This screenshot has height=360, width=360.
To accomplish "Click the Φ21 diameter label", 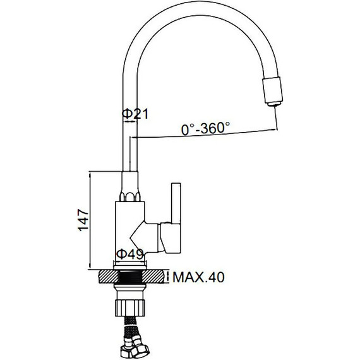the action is (x=135, y=114).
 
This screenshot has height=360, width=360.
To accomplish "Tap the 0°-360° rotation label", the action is (x=205, y=129).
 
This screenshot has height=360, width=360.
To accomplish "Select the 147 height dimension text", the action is (x=83, y=220).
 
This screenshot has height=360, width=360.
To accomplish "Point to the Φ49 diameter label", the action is (x=130, y=254).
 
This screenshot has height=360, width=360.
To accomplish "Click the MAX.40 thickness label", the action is (x=198, y=277).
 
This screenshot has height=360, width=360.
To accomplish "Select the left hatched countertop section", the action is (x=109, y=277).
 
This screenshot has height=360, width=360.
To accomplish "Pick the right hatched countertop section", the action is (x=153, y=277).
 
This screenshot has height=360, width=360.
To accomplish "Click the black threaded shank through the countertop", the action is (x=130, y=277).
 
